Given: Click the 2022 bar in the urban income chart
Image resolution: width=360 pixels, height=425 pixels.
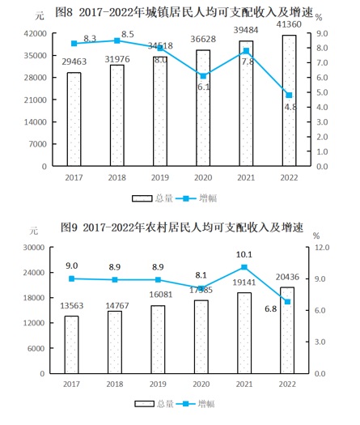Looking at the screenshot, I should click(x=289, y=101).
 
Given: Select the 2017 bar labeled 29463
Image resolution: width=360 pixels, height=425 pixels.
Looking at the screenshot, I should click(x=74, y=119).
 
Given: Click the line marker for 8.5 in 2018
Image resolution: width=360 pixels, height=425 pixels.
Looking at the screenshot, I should click(x=117, y=40).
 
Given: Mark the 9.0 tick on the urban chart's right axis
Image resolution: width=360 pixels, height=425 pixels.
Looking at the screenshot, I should click(x=319, y=34).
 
